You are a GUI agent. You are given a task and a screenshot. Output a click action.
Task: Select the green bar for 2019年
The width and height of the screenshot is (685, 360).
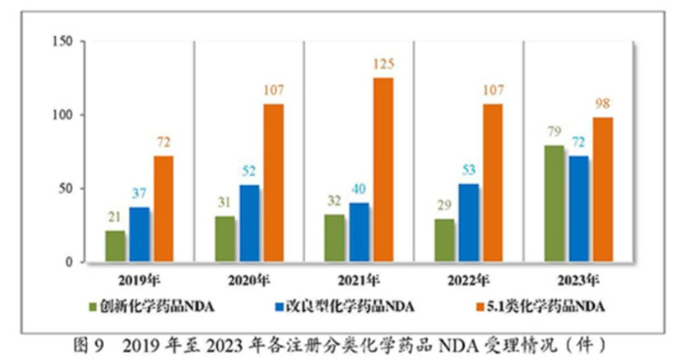coord(115,247)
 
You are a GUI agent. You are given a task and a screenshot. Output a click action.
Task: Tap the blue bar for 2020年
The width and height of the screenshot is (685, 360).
coord(250,224)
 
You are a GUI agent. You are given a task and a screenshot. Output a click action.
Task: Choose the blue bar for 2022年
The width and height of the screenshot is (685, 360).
coord(470,223)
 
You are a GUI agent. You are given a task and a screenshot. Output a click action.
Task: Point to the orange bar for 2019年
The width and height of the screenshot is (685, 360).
coord(162,209)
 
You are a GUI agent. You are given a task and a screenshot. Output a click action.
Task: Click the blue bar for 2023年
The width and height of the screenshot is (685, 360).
coord(579,209)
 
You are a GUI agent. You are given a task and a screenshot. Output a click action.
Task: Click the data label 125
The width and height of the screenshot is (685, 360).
coord(383,65)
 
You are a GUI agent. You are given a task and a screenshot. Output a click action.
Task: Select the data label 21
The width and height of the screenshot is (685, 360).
coord(115,218)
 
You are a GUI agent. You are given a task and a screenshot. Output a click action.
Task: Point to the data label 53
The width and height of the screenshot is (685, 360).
coord(470,170)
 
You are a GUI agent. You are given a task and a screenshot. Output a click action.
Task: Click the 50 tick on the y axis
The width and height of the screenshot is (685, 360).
coord(67,189)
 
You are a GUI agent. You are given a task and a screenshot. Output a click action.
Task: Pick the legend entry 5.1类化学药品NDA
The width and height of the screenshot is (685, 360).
coord(544,307)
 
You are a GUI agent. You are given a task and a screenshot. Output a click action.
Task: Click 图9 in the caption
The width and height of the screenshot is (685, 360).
coord(92,343)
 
